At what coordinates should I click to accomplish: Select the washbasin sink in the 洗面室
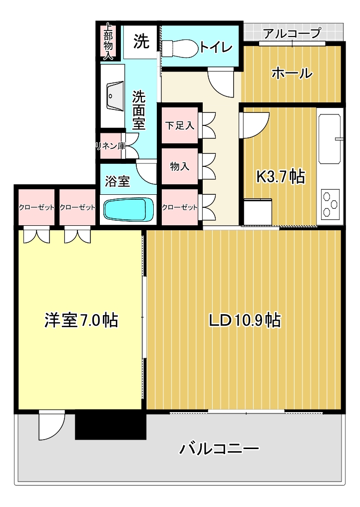pos(114,96)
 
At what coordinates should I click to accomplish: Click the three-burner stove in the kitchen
pos(331,204)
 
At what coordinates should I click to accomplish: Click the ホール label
pos(292,73)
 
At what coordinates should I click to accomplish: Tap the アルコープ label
pos(293,32)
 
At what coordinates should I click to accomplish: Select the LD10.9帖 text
pos(245,320)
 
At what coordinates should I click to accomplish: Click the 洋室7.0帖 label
pos(81,320)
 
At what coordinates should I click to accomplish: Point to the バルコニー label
pos(219,449)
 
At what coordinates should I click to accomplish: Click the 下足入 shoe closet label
pos(180,125)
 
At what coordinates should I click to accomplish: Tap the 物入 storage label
pos(180,166)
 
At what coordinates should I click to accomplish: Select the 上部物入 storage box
pos(108,41)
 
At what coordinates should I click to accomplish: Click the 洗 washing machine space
pos(141,41)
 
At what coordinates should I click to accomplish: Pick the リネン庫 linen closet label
pos(110,146)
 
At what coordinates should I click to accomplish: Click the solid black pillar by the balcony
pos(110,426)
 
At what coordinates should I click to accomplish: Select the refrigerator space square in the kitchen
pos(258,212)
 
